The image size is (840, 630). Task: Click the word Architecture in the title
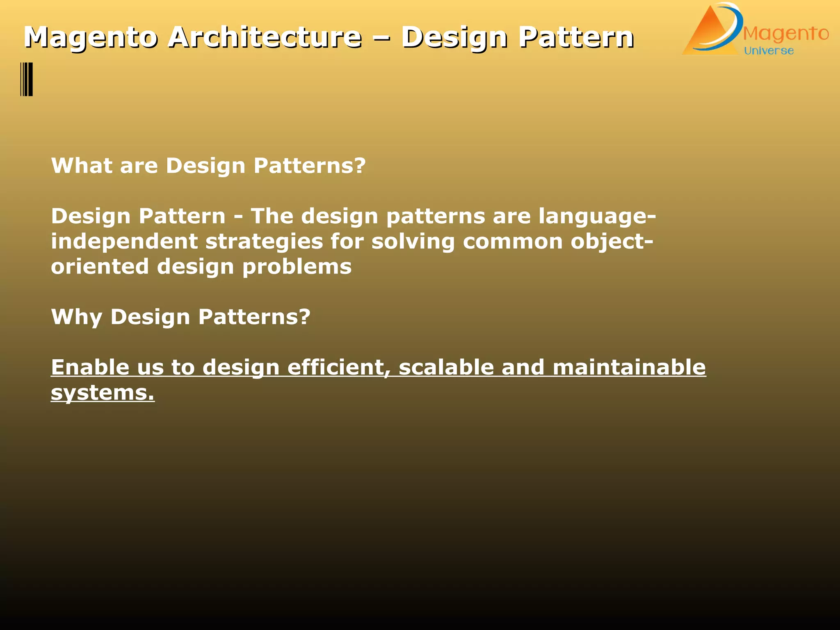point(265,37)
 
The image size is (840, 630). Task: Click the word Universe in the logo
point(769,51)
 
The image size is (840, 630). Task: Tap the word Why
point(76,317)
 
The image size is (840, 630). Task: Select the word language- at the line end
point(597,217)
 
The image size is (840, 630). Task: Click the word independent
point(124,242)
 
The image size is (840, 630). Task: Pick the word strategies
point(264,242)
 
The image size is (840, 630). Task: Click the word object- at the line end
point(612,242)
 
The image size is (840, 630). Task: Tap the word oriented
point(100,267)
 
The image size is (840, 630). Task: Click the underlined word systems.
point(103,393)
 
